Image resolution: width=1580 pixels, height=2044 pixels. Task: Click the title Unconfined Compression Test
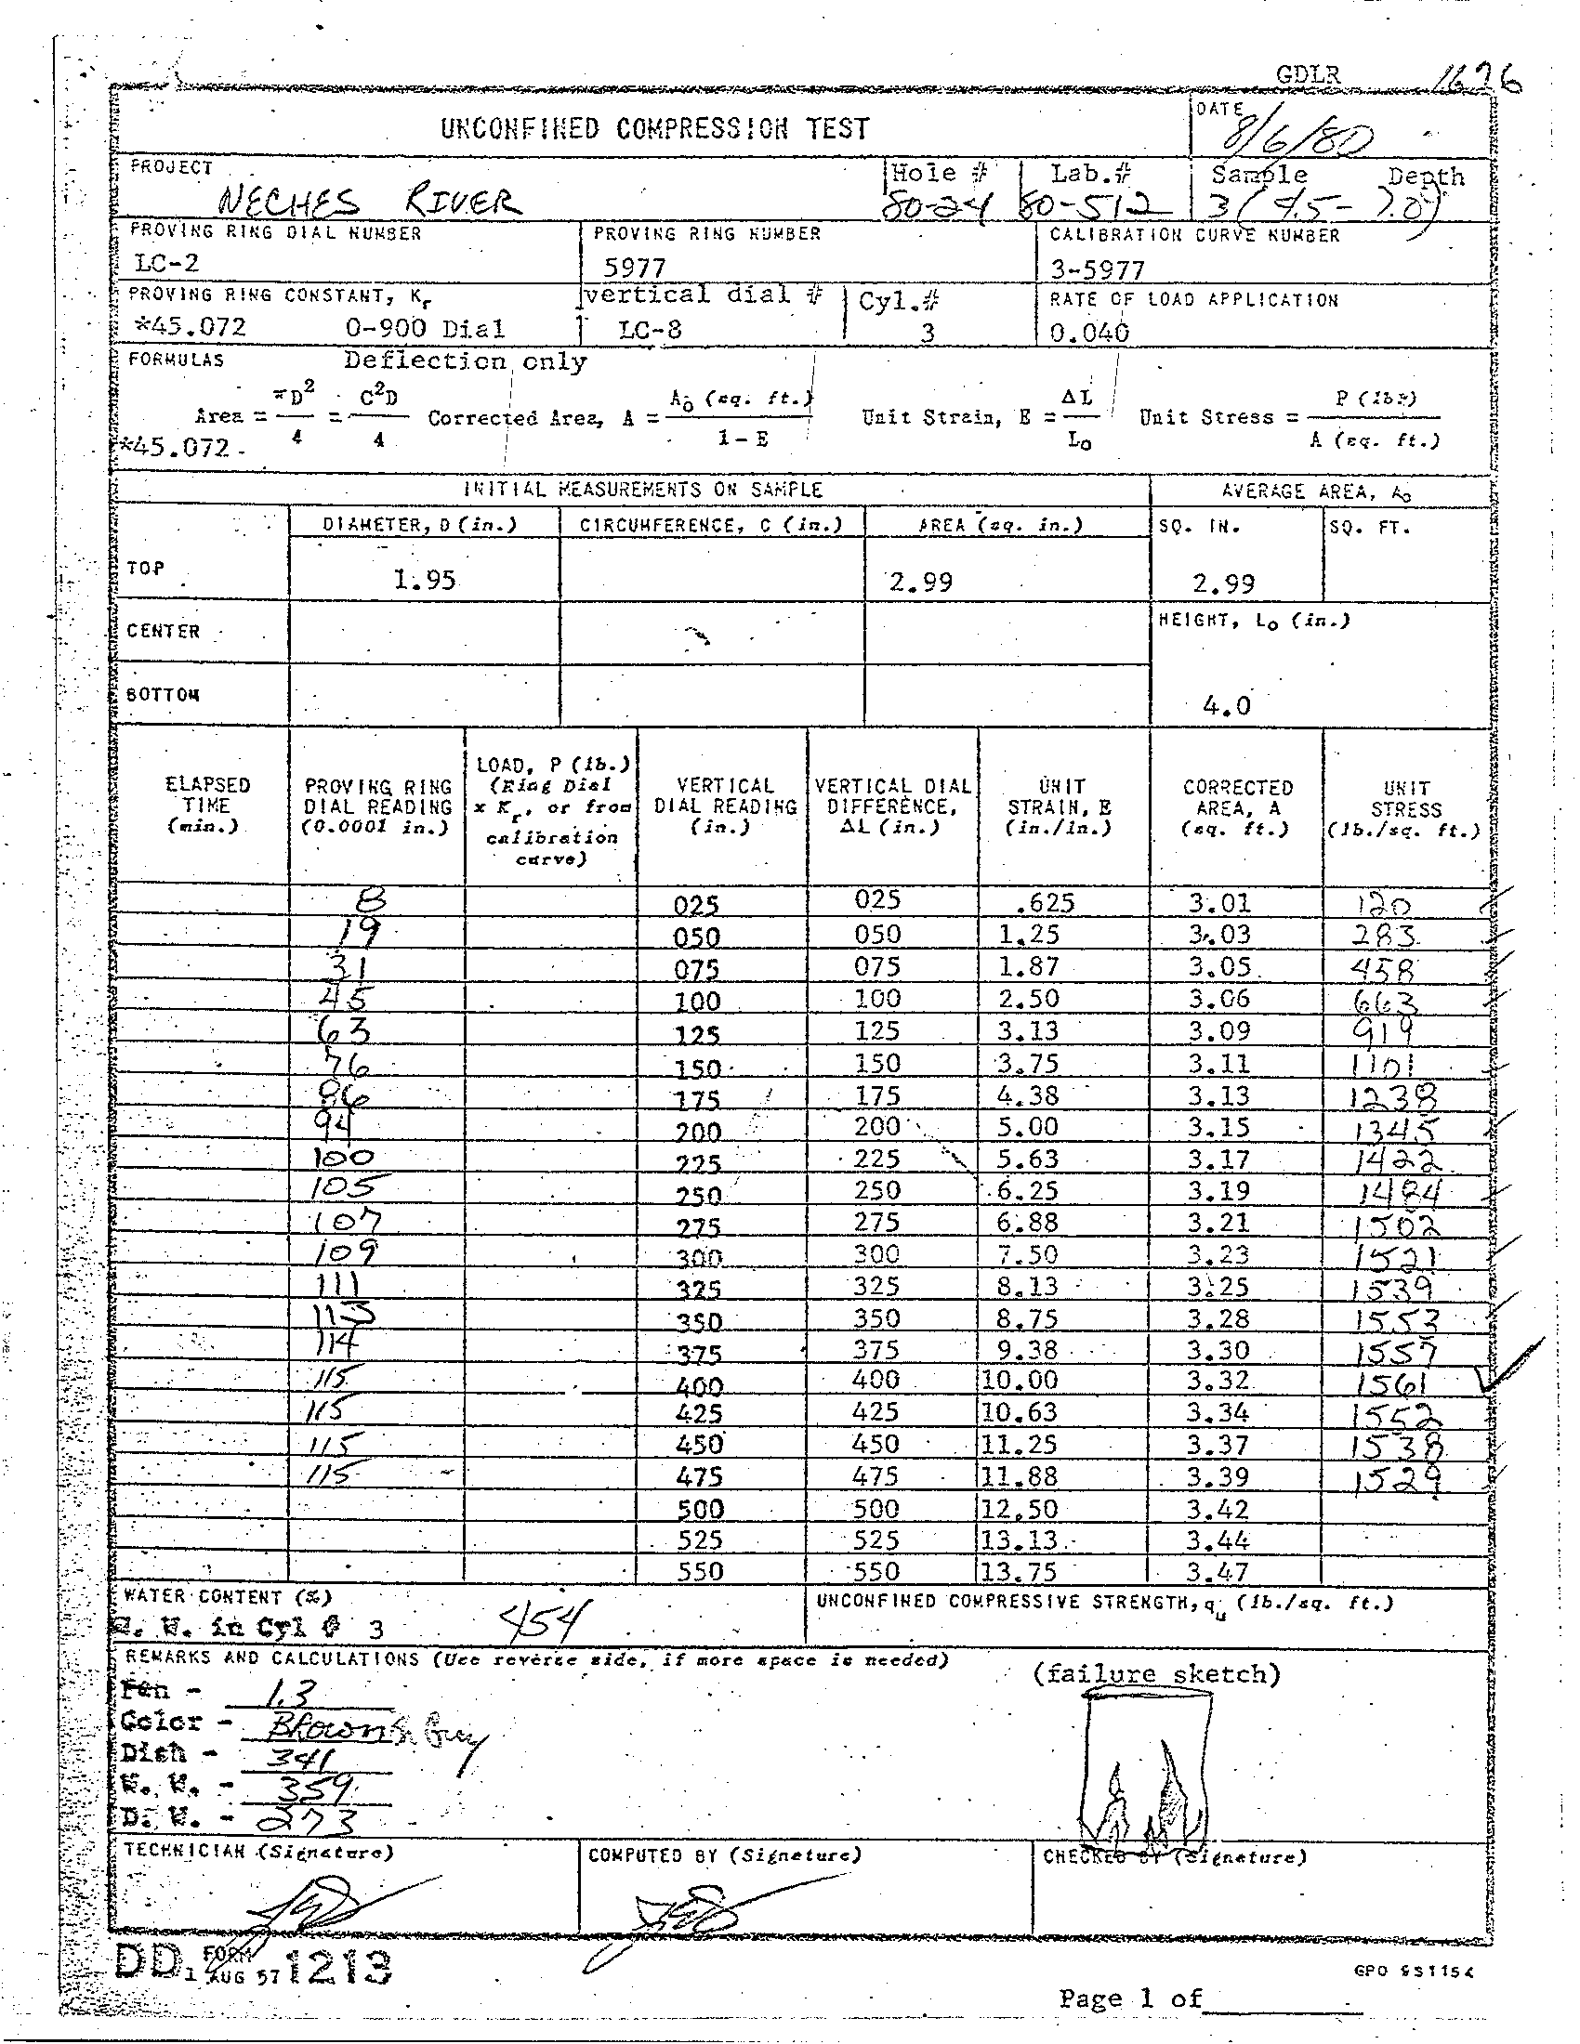coord(654,128)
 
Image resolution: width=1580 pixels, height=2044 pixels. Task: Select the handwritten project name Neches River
coord(366,201)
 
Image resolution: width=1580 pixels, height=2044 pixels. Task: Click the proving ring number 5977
coord(634,269)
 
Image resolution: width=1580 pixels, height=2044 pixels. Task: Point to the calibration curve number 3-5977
coord(1096,270)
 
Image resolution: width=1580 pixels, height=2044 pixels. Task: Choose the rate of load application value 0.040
coord(1088,332)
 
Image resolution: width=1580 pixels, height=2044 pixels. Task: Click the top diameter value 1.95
coord(424,581)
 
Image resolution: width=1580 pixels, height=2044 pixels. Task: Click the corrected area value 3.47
coord(1218,1571)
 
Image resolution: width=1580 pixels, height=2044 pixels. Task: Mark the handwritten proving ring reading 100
coord(344,1158)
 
